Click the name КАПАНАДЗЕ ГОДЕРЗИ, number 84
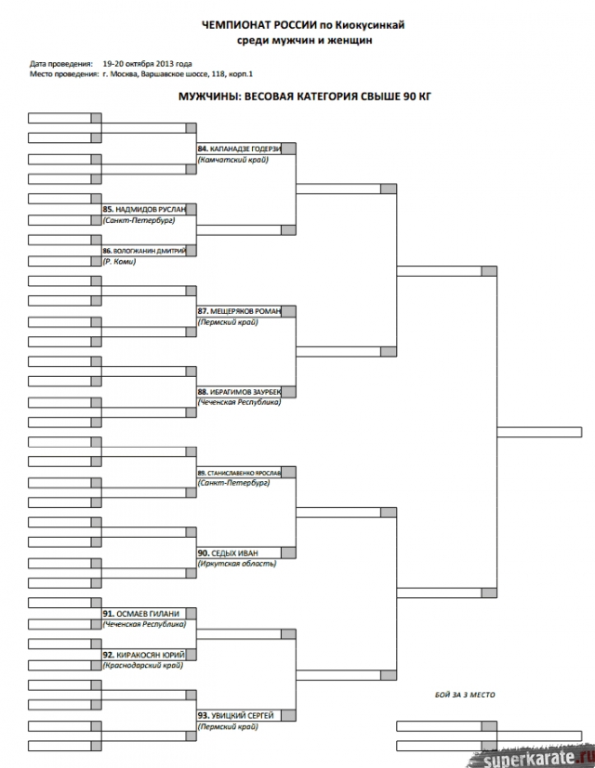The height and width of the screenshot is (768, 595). [x=239, y=149]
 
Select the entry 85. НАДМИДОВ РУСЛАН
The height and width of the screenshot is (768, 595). [x=144, y=210]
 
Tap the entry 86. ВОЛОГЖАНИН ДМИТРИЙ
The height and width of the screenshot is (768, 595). [x=144, y=251]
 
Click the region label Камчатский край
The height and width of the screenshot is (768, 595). [x=233, y=161]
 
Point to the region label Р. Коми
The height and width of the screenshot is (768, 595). [x=120, y=262]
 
